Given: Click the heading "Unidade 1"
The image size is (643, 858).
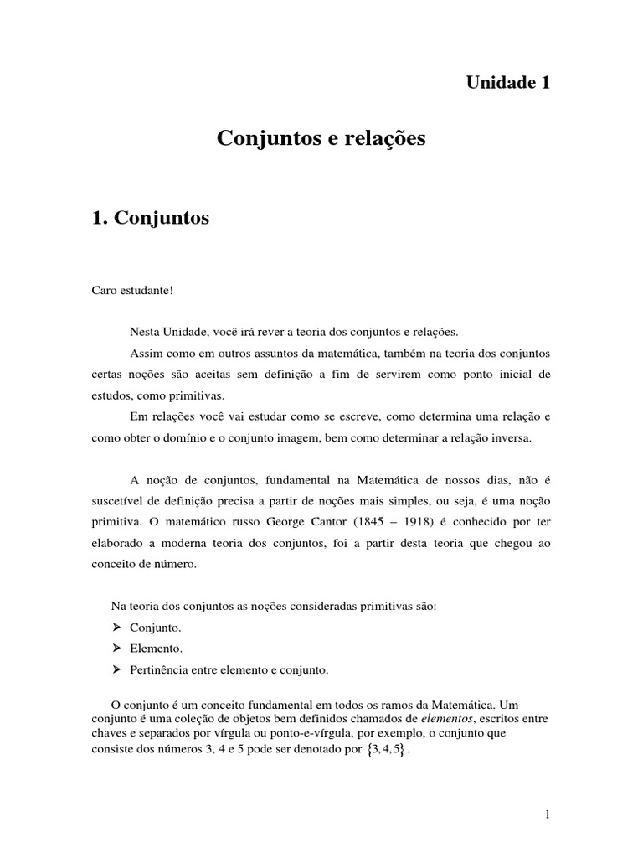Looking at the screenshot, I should pyautogui.click(x=508, y=82).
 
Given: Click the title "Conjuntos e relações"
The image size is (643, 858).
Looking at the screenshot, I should pyautogui.click(x=321, y=138).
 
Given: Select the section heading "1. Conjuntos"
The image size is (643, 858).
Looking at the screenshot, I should pyautogui.click(x=151, y=219).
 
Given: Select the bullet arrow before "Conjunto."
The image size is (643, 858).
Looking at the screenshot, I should pyautogui.click(x=117, y=627).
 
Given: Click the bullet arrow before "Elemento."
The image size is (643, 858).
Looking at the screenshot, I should pyautogui.click(x=117, y=649).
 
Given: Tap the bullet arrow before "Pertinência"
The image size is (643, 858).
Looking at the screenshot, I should pyautogui.click(x=117, y=669).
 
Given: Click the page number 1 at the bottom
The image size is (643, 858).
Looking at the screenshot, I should pyautogui.click(x=547, y=814).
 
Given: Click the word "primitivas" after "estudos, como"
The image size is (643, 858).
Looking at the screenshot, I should pyautogui.click(x=198, y=395).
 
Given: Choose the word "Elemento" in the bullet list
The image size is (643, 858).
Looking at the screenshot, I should pyautogui.click(x=156, y=649).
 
